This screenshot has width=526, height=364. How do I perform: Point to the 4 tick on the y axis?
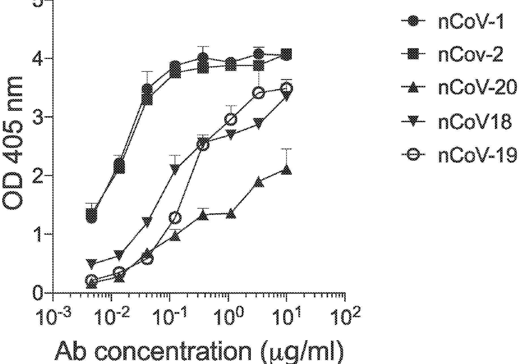click(x=39, y=59)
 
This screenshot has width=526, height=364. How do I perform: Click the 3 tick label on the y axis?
click(x=39, y=117)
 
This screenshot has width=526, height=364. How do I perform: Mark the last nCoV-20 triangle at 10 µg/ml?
click(x=286, y=170)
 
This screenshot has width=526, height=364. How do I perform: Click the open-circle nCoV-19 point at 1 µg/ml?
click(x=231, y=119)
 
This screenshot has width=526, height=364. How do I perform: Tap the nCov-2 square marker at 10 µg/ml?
click(x=286, y=54)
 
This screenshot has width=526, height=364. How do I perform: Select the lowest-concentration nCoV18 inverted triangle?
click(x=91, y=263)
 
